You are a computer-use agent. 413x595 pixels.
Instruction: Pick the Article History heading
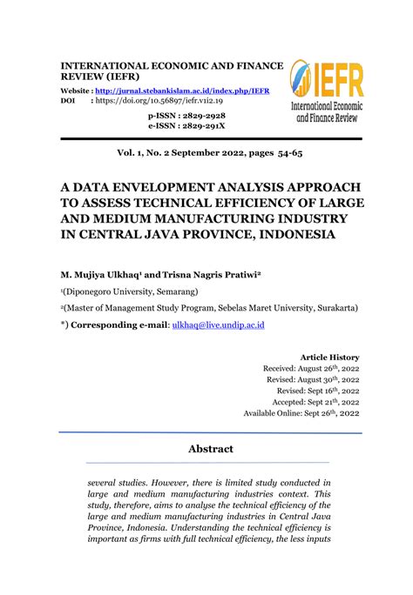click(x=329, y=357)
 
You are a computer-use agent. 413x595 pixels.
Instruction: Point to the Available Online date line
click(x=301, y=413)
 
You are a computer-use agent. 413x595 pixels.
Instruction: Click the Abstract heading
click(x=211, y=449)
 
